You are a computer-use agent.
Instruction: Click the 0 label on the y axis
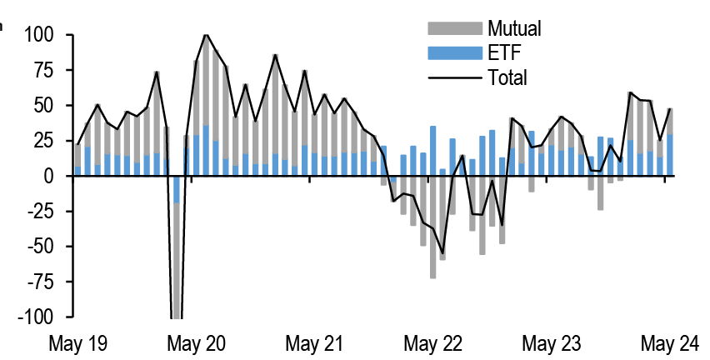(47, 177)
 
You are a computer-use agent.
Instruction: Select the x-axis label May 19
(79, 343)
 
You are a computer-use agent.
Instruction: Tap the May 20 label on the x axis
(197, 343)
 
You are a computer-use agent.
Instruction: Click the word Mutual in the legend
(515, 29)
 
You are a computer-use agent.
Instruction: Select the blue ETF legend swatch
(455, 53)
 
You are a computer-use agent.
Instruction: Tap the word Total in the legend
(508, 78)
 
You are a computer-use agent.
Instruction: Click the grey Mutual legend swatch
(455, 29)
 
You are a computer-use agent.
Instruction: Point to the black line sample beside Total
(455, 78)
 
